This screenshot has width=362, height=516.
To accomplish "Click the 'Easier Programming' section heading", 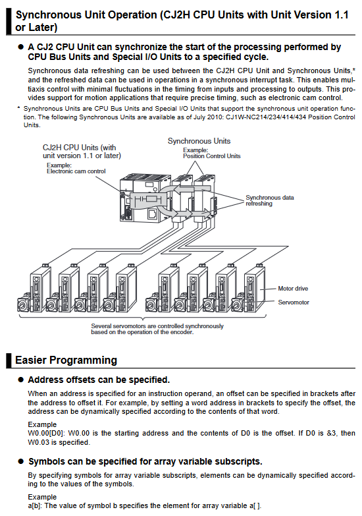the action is click(66, 360).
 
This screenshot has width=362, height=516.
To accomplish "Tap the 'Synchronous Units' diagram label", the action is click(199, 141).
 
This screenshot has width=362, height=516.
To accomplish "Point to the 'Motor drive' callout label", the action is click(293, 288).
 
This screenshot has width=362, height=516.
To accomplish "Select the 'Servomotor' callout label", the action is click(294, 302).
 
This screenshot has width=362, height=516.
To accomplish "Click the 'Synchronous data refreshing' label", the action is click(270, 200).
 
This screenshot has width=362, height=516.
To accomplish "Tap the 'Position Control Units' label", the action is click(212, 156).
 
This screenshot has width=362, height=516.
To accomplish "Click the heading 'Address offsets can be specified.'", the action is click(99, 380).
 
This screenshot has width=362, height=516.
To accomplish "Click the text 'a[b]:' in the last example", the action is click(35, 505).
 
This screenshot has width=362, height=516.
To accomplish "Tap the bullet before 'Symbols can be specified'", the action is click(21, 461).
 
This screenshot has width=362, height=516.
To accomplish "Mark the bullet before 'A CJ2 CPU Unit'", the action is click(21, 47).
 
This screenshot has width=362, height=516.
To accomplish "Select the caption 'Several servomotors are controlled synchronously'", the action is click(157, 326).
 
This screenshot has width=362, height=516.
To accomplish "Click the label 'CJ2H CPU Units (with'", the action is click(79, 148).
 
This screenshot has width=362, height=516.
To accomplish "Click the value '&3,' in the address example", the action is click(332, 433).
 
